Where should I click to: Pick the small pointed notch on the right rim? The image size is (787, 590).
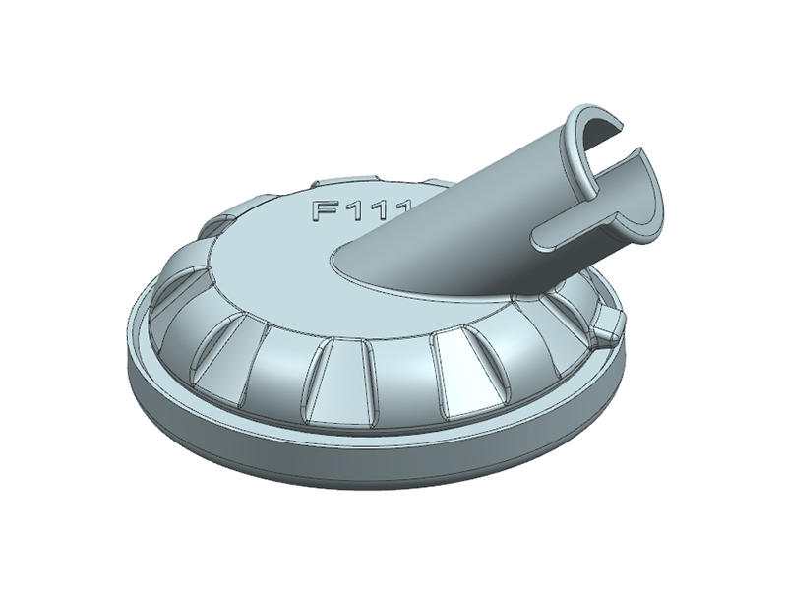click(612, 322)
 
